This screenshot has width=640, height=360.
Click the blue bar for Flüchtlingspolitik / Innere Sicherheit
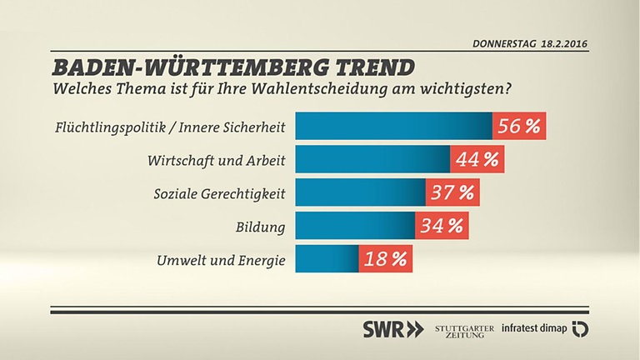coord(393,127)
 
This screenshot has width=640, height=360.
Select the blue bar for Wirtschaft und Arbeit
coord(372,159)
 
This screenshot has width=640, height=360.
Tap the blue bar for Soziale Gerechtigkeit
coord(360,192)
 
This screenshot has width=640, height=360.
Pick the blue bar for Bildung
coord(355,225)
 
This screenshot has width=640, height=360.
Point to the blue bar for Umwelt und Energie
coord(327,258)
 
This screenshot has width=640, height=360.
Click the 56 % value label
coord(518,127)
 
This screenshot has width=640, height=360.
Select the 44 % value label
coord(477,159)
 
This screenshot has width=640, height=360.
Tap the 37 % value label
coord(452,192)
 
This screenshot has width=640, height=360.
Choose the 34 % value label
coord(442,225)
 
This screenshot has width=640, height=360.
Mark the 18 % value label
coord(385,258)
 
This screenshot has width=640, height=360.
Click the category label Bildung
coord(262,227)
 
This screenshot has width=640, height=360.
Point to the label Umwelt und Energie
coord(221,260)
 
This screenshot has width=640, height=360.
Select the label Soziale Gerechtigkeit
coord(220,193)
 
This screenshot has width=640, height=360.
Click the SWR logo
coord(392,328)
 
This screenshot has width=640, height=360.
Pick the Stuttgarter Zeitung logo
coord(464,328)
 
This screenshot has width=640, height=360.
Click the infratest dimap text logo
coord(533,328)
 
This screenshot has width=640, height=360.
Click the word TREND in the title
coord(359,67)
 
